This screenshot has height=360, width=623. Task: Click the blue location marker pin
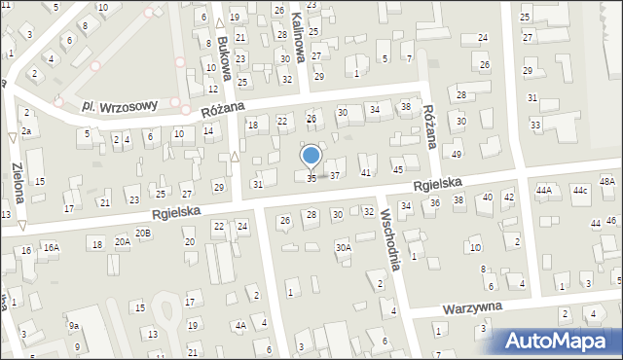(x=311, y=157)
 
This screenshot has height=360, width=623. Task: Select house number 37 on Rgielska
(x=334, y=176)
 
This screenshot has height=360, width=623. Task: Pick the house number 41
(x=366, y=172)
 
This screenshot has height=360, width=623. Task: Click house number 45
(x=397, y=170)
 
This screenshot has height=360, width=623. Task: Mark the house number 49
(x=457, y=155)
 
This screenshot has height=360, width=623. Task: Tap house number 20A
(x=122, y=241)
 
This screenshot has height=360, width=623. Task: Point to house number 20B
(x=143, y=233)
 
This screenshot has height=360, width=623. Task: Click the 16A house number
(x=51, y=248)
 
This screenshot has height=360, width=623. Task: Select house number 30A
(x=344, y=248)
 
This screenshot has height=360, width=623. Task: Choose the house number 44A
(x=543, y=191)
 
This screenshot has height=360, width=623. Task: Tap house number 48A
(x=606, y=182)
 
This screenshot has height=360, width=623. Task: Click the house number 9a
(x=73, y=326)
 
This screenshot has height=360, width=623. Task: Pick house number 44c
(x=580, y=190)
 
